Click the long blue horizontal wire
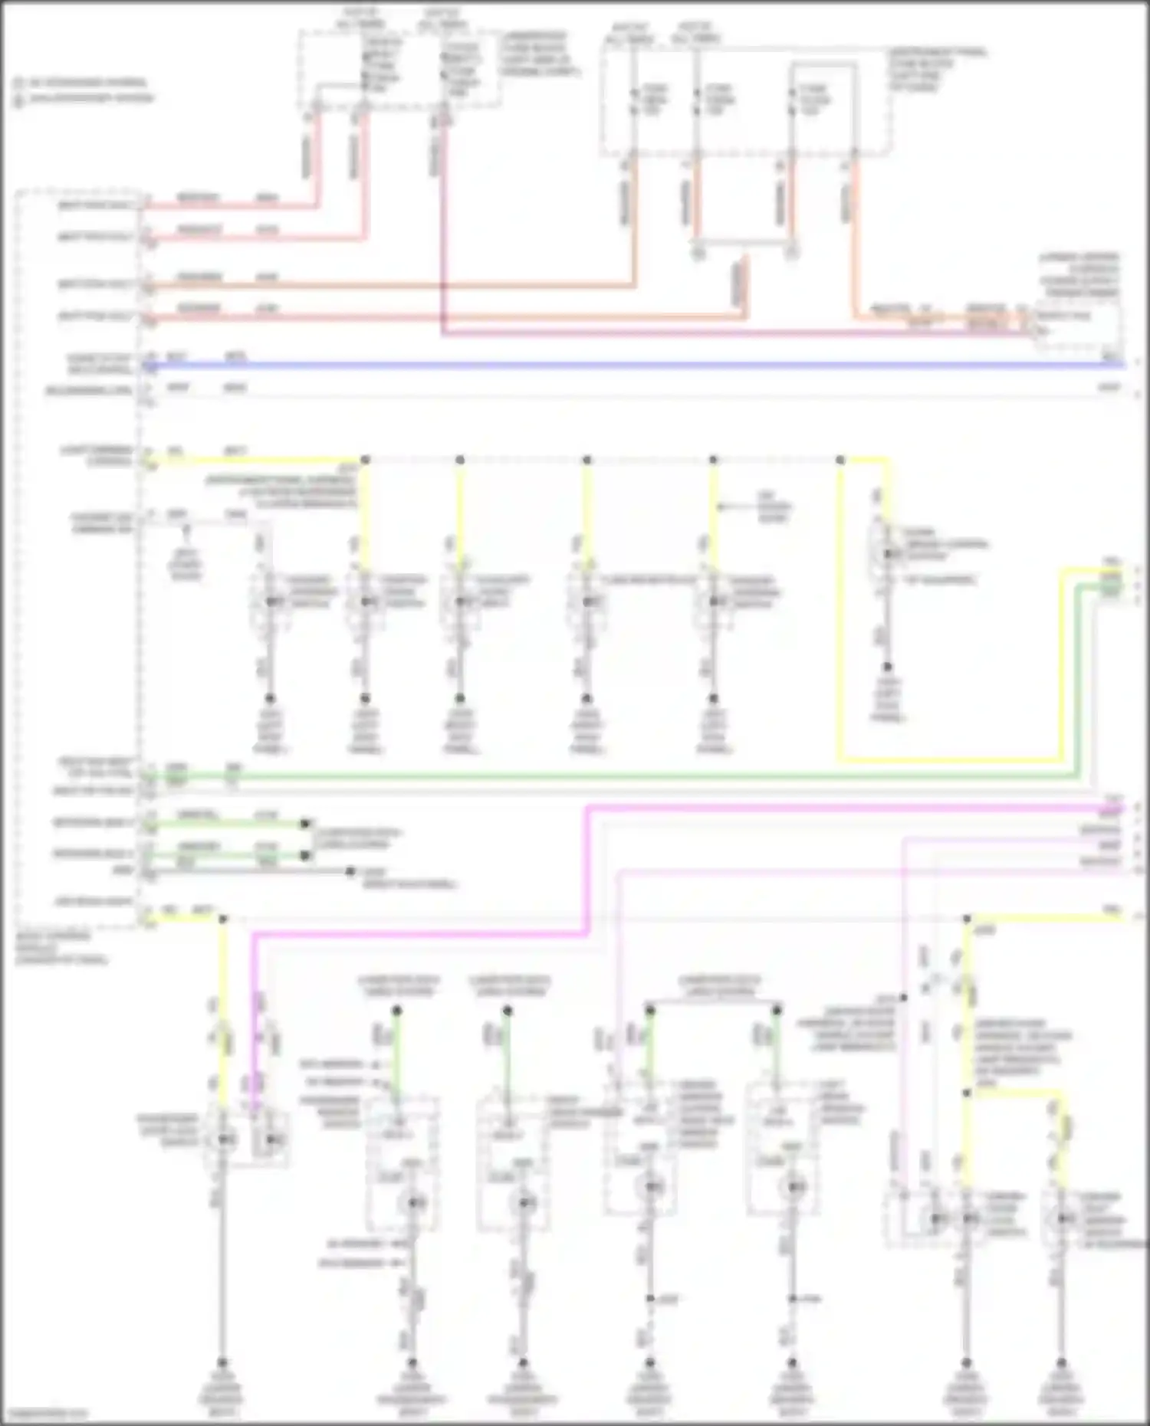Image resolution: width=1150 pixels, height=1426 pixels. pos(613,366)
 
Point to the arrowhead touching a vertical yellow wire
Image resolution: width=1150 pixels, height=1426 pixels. pos(722,507)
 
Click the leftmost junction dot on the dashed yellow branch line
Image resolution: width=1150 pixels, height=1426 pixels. pos(365,460)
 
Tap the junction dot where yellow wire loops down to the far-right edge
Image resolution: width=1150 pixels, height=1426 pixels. pos(840,460)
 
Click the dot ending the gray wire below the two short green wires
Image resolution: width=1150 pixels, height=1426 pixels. pos(350,871)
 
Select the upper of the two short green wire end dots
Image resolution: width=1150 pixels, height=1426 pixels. pos(305,824)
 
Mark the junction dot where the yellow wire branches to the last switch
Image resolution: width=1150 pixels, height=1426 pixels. pos(967,1093)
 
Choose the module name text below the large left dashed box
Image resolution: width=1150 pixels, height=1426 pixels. pos(61,948)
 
